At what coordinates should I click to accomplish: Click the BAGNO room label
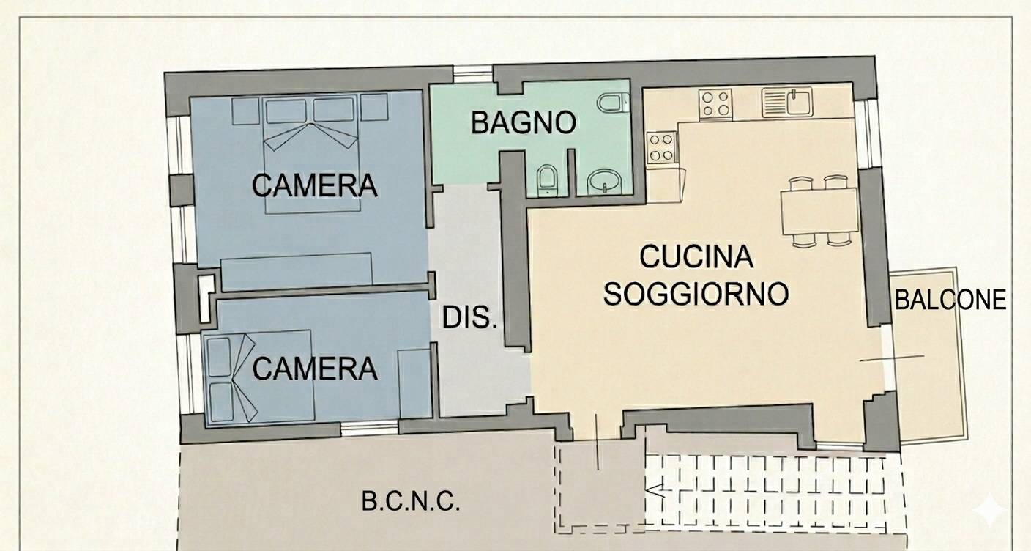pyautogui.click(x=524, y=123)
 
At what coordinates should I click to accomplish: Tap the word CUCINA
pyautogui.click(x=696, y=257)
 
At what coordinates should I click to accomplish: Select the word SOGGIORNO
pyautogui.click(x=696, y=294)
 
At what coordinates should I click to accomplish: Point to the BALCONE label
pyautogui.click(x=950, y=300)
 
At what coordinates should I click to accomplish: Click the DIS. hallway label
pyautogui.click(x=469, y=317)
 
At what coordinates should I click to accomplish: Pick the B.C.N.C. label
pyautogui.click(x=411, y=501)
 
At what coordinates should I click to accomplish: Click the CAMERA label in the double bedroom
pyautogui.click(x=315, y=185)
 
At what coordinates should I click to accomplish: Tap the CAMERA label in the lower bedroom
pyautogui.click(x=316, y=369)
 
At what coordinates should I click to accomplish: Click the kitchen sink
pyautogui.click(x=786, y=102)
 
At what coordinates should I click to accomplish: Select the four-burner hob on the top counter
pyautogui.click(x=715, y=103)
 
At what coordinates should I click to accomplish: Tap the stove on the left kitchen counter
pyautogui.click(x=662, y=147)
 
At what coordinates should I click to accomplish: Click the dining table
pyautogui.click(x=819, y=211)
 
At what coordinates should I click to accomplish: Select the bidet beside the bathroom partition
pyautogui.click(x=548, y=180)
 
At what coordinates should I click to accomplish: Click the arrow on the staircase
pyautogui.click(x=655, y=491)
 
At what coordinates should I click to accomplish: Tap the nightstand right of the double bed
pyautogui.click(x=373, y=107)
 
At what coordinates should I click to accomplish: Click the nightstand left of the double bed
pyautogui.click(x=245, y=111)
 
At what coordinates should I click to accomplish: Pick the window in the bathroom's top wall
pyautogui.click(x=473, y=73)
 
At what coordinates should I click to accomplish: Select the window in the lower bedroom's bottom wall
pyautogui.click(x=370, y=429)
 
